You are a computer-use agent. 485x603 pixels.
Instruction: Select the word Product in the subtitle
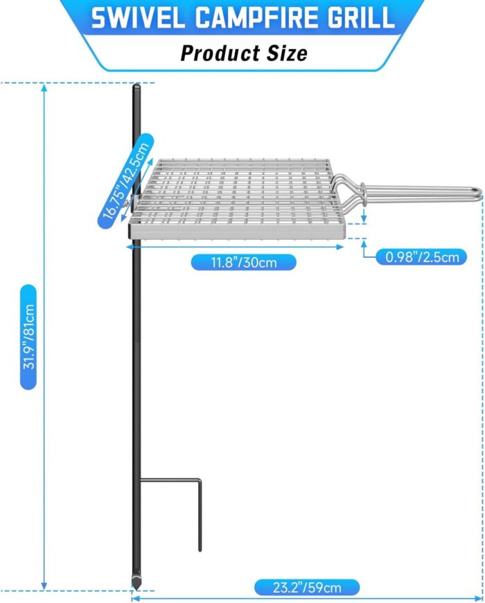tap(220, 53)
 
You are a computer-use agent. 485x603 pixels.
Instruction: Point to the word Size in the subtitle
tap(287, 53)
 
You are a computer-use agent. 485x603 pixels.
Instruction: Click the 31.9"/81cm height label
tap(29, 337)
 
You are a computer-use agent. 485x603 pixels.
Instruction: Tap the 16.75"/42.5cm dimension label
tap(126, 181)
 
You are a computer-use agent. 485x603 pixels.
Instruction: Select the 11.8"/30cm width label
tap(244, 263)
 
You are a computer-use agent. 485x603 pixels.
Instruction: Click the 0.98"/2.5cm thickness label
tap(422, 257)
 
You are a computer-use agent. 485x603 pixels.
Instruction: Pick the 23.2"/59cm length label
tap(307, 588)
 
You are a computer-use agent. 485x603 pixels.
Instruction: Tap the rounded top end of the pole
tap(136, 86)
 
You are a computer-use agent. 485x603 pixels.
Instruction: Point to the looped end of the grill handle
tap(477, 192)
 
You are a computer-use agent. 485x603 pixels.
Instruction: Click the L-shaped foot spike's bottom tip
tap(200, 550)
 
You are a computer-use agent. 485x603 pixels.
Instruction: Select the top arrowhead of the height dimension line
tap(44, 87)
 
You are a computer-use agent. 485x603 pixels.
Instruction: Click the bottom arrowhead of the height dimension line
tap(44, 586)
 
